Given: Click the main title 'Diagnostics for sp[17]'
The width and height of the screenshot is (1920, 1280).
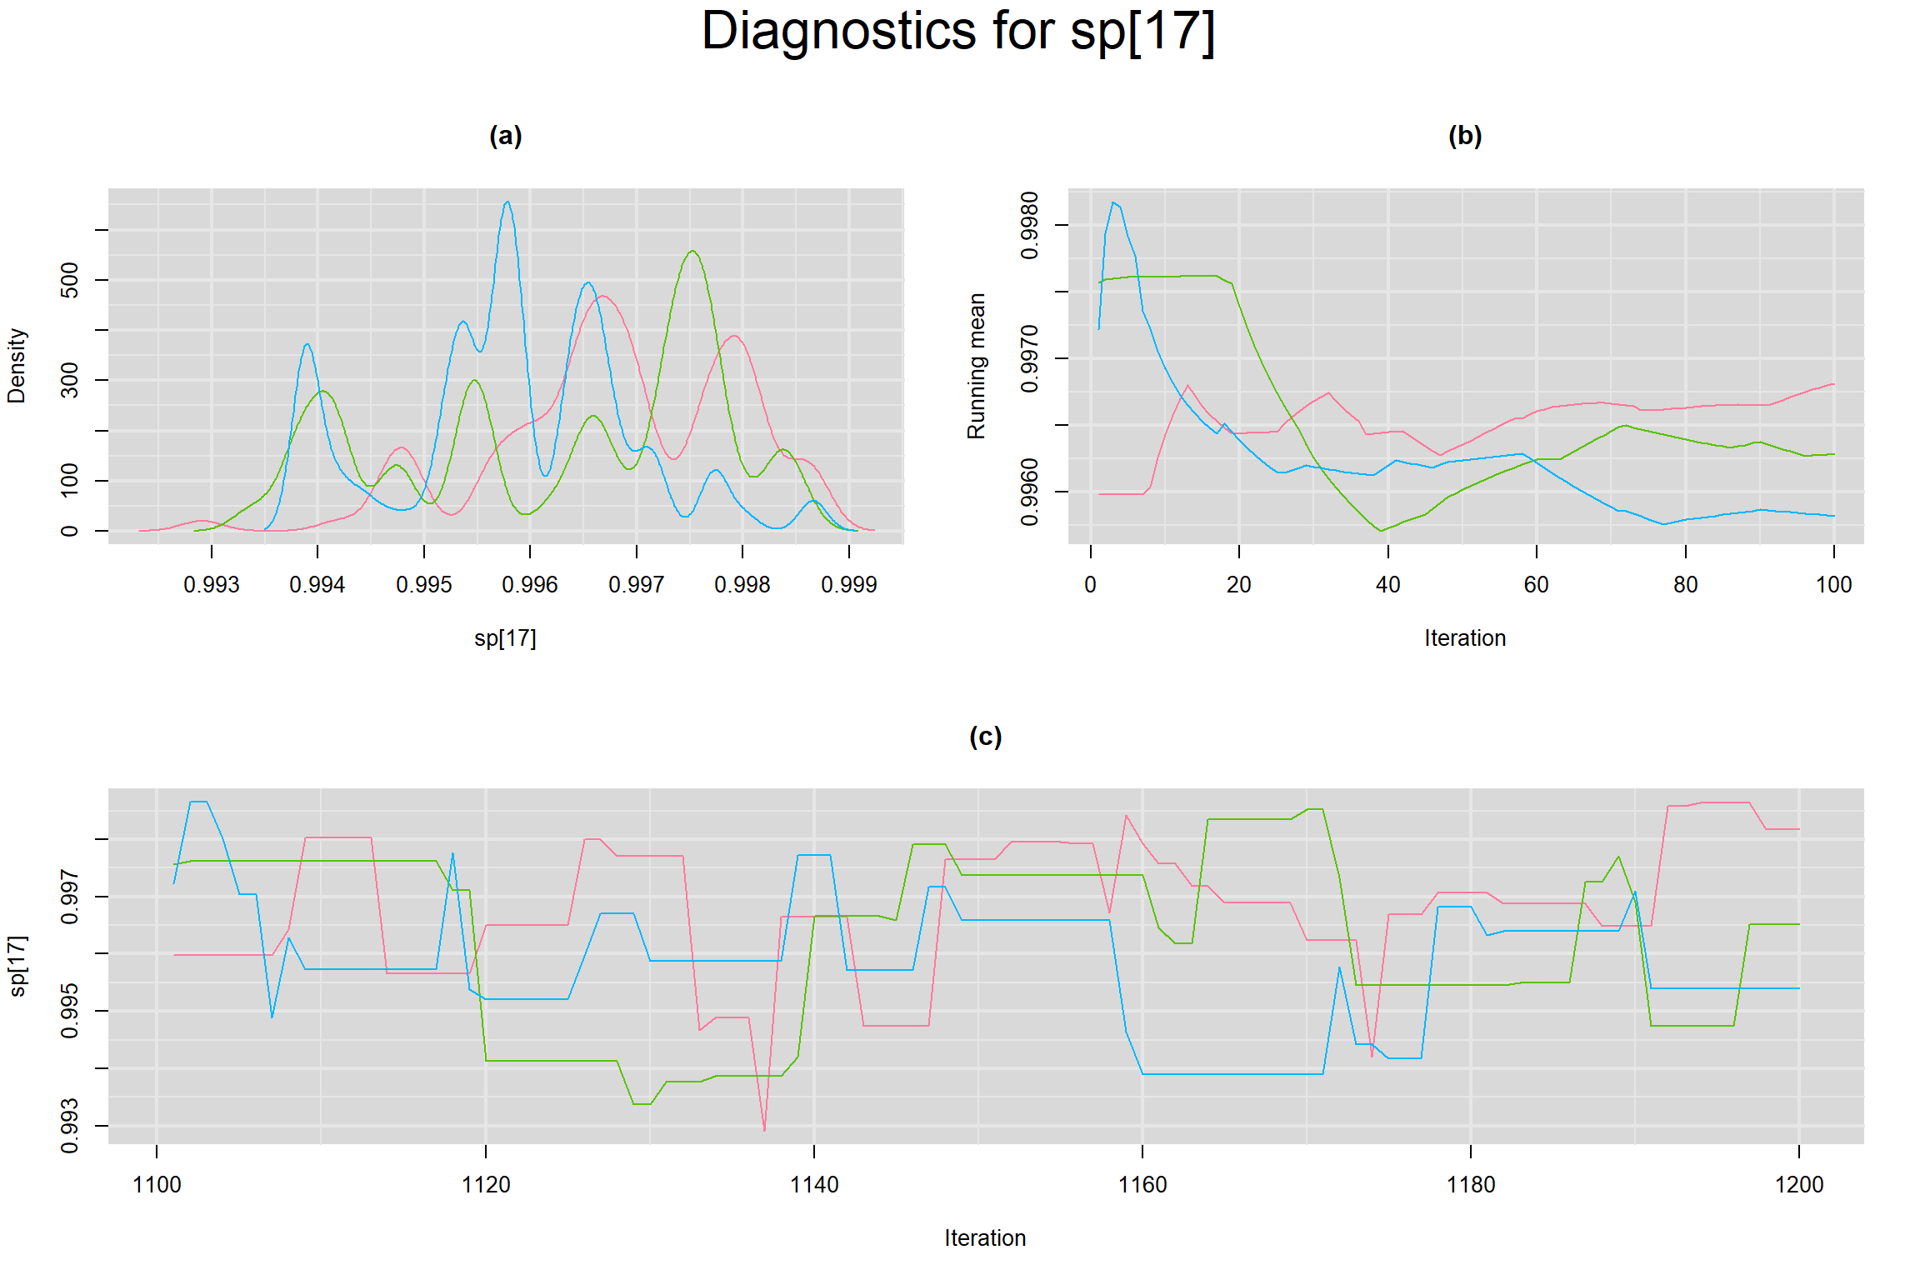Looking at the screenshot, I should [x=958, y=32].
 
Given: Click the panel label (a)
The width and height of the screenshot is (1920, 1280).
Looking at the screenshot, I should [x=505, y=136].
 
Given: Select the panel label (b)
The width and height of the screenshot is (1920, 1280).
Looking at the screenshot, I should [x=1465, y=136].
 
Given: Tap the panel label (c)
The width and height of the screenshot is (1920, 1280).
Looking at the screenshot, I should [x=985, y=737].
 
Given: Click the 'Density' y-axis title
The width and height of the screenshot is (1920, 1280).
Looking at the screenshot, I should [x=17, y=366].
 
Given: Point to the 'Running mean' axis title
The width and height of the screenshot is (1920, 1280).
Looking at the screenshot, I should [x=976, y=366].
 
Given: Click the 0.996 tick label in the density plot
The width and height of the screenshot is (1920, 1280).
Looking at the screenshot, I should [x=530, y=585].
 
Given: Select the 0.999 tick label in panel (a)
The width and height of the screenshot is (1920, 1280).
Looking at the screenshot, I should [x=848, y=585].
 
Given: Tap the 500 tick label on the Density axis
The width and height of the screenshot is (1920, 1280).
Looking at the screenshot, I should [x=70, y=280].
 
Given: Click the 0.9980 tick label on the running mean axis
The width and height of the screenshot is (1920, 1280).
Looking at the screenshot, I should [x=1030, y=225].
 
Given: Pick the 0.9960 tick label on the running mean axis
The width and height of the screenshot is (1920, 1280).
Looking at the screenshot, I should [x=1030, y=492].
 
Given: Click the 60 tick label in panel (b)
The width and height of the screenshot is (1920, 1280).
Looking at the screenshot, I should [x=1536, y=585].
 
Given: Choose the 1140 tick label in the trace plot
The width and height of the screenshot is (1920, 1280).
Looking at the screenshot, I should [x=814, y=1184].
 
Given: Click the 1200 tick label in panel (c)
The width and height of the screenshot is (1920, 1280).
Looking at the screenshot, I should [x=1799, y=1184].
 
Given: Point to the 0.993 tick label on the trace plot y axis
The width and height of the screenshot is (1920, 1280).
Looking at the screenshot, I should [x=70, y=1126].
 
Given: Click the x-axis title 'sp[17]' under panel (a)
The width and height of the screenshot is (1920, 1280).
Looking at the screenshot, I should [x=505, y=638].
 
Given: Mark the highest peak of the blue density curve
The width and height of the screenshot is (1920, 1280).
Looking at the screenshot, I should [x=507, y=202].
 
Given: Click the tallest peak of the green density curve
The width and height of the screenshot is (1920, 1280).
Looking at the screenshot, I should [x=692, y=251].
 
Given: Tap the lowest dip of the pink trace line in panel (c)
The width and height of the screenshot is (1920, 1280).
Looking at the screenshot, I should [x=764, y=1130].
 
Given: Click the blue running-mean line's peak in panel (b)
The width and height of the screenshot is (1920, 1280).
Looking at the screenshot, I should [x=1113, y=202].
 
